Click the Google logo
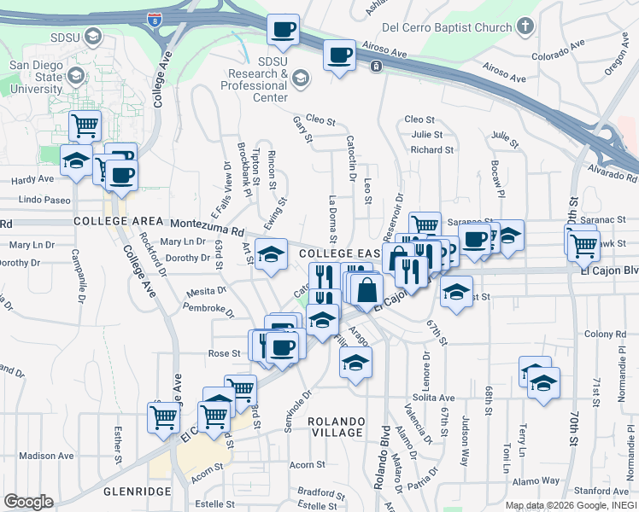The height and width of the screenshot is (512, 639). [28, 502]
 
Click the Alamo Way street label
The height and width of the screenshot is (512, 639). [537, 480]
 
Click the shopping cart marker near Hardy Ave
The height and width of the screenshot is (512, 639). [85, 125]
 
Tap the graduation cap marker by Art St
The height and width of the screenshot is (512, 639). [271, 255]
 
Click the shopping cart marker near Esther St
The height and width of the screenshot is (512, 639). [162, 417]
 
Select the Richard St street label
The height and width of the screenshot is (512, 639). [431, 150]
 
